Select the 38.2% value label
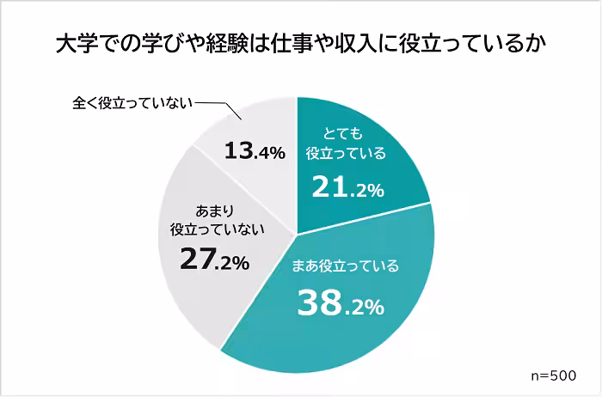[340, 302]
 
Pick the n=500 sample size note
[558, 376]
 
